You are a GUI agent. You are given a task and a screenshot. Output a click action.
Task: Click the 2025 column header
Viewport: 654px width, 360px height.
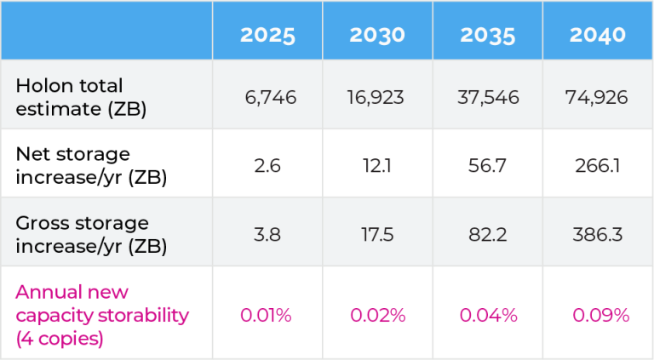(x=267, y=35)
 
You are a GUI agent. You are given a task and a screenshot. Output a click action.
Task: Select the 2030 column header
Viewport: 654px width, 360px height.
(x=376, y=35)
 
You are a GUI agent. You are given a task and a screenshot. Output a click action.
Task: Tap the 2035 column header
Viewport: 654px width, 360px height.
(x=488, y=35)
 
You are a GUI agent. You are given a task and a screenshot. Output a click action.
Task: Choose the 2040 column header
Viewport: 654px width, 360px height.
(x=598, y=35)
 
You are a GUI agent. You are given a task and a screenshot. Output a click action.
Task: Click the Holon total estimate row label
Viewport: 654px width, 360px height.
(x=70, y=97)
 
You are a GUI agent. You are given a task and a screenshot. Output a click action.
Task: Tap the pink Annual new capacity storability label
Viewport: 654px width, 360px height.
(x=102, y=315)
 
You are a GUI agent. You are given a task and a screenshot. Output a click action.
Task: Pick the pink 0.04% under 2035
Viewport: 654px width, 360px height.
(x=488, y=316)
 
